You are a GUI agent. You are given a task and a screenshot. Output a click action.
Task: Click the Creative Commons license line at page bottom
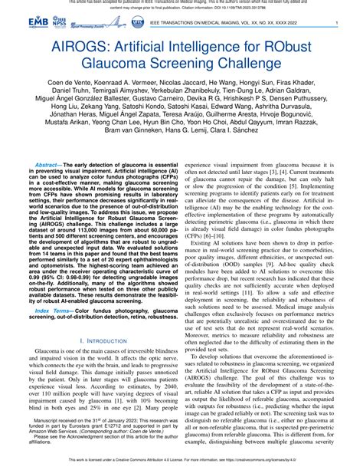tap(181, 462)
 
